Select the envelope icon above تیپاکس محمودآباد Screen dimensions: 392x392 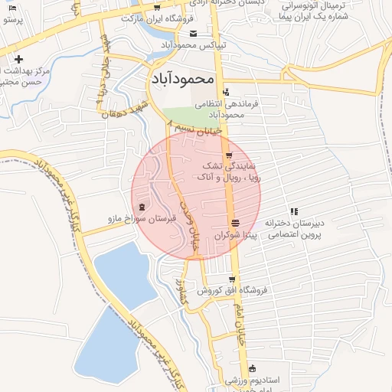point(194,34)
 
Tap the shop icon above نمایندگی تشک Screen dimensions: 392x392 point(228,155)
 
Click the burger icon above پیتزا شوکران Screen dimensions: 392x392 point(234,223)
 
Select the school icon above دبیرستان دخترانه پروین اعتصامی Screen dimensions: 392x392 point(293,211)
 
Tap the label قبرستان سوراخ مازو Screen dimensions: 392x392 point(142,219)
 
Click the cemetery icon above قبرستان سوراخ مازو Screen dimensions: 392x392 point(142,207)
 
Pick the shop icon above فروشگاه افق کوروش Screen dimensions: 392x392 point(232,279)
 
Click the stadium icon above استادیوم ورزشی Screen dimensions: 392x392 point(252,368)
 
